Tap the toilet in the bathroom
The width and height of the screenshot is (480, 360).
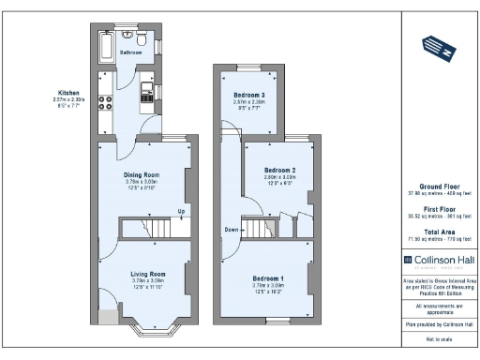pos(141,39)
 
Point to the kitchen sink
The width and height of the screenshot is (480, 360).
pos(147,91)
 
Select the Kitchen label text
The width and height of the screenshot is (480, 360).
pos(69,93)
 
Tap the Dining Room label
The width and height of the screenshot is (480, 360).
pos(142,174)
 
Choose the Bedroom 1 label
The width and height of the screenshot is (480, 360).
pos(268,277)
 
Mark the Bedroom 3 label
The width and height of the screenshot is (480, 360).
pos(248,95)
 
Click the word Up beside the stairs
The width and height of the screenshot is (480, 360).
pos(181,211)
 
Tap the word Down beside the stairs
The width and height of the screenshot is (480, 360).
pos(231,228)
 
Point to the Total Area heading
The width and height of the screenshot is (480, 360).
pos(438,231)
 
